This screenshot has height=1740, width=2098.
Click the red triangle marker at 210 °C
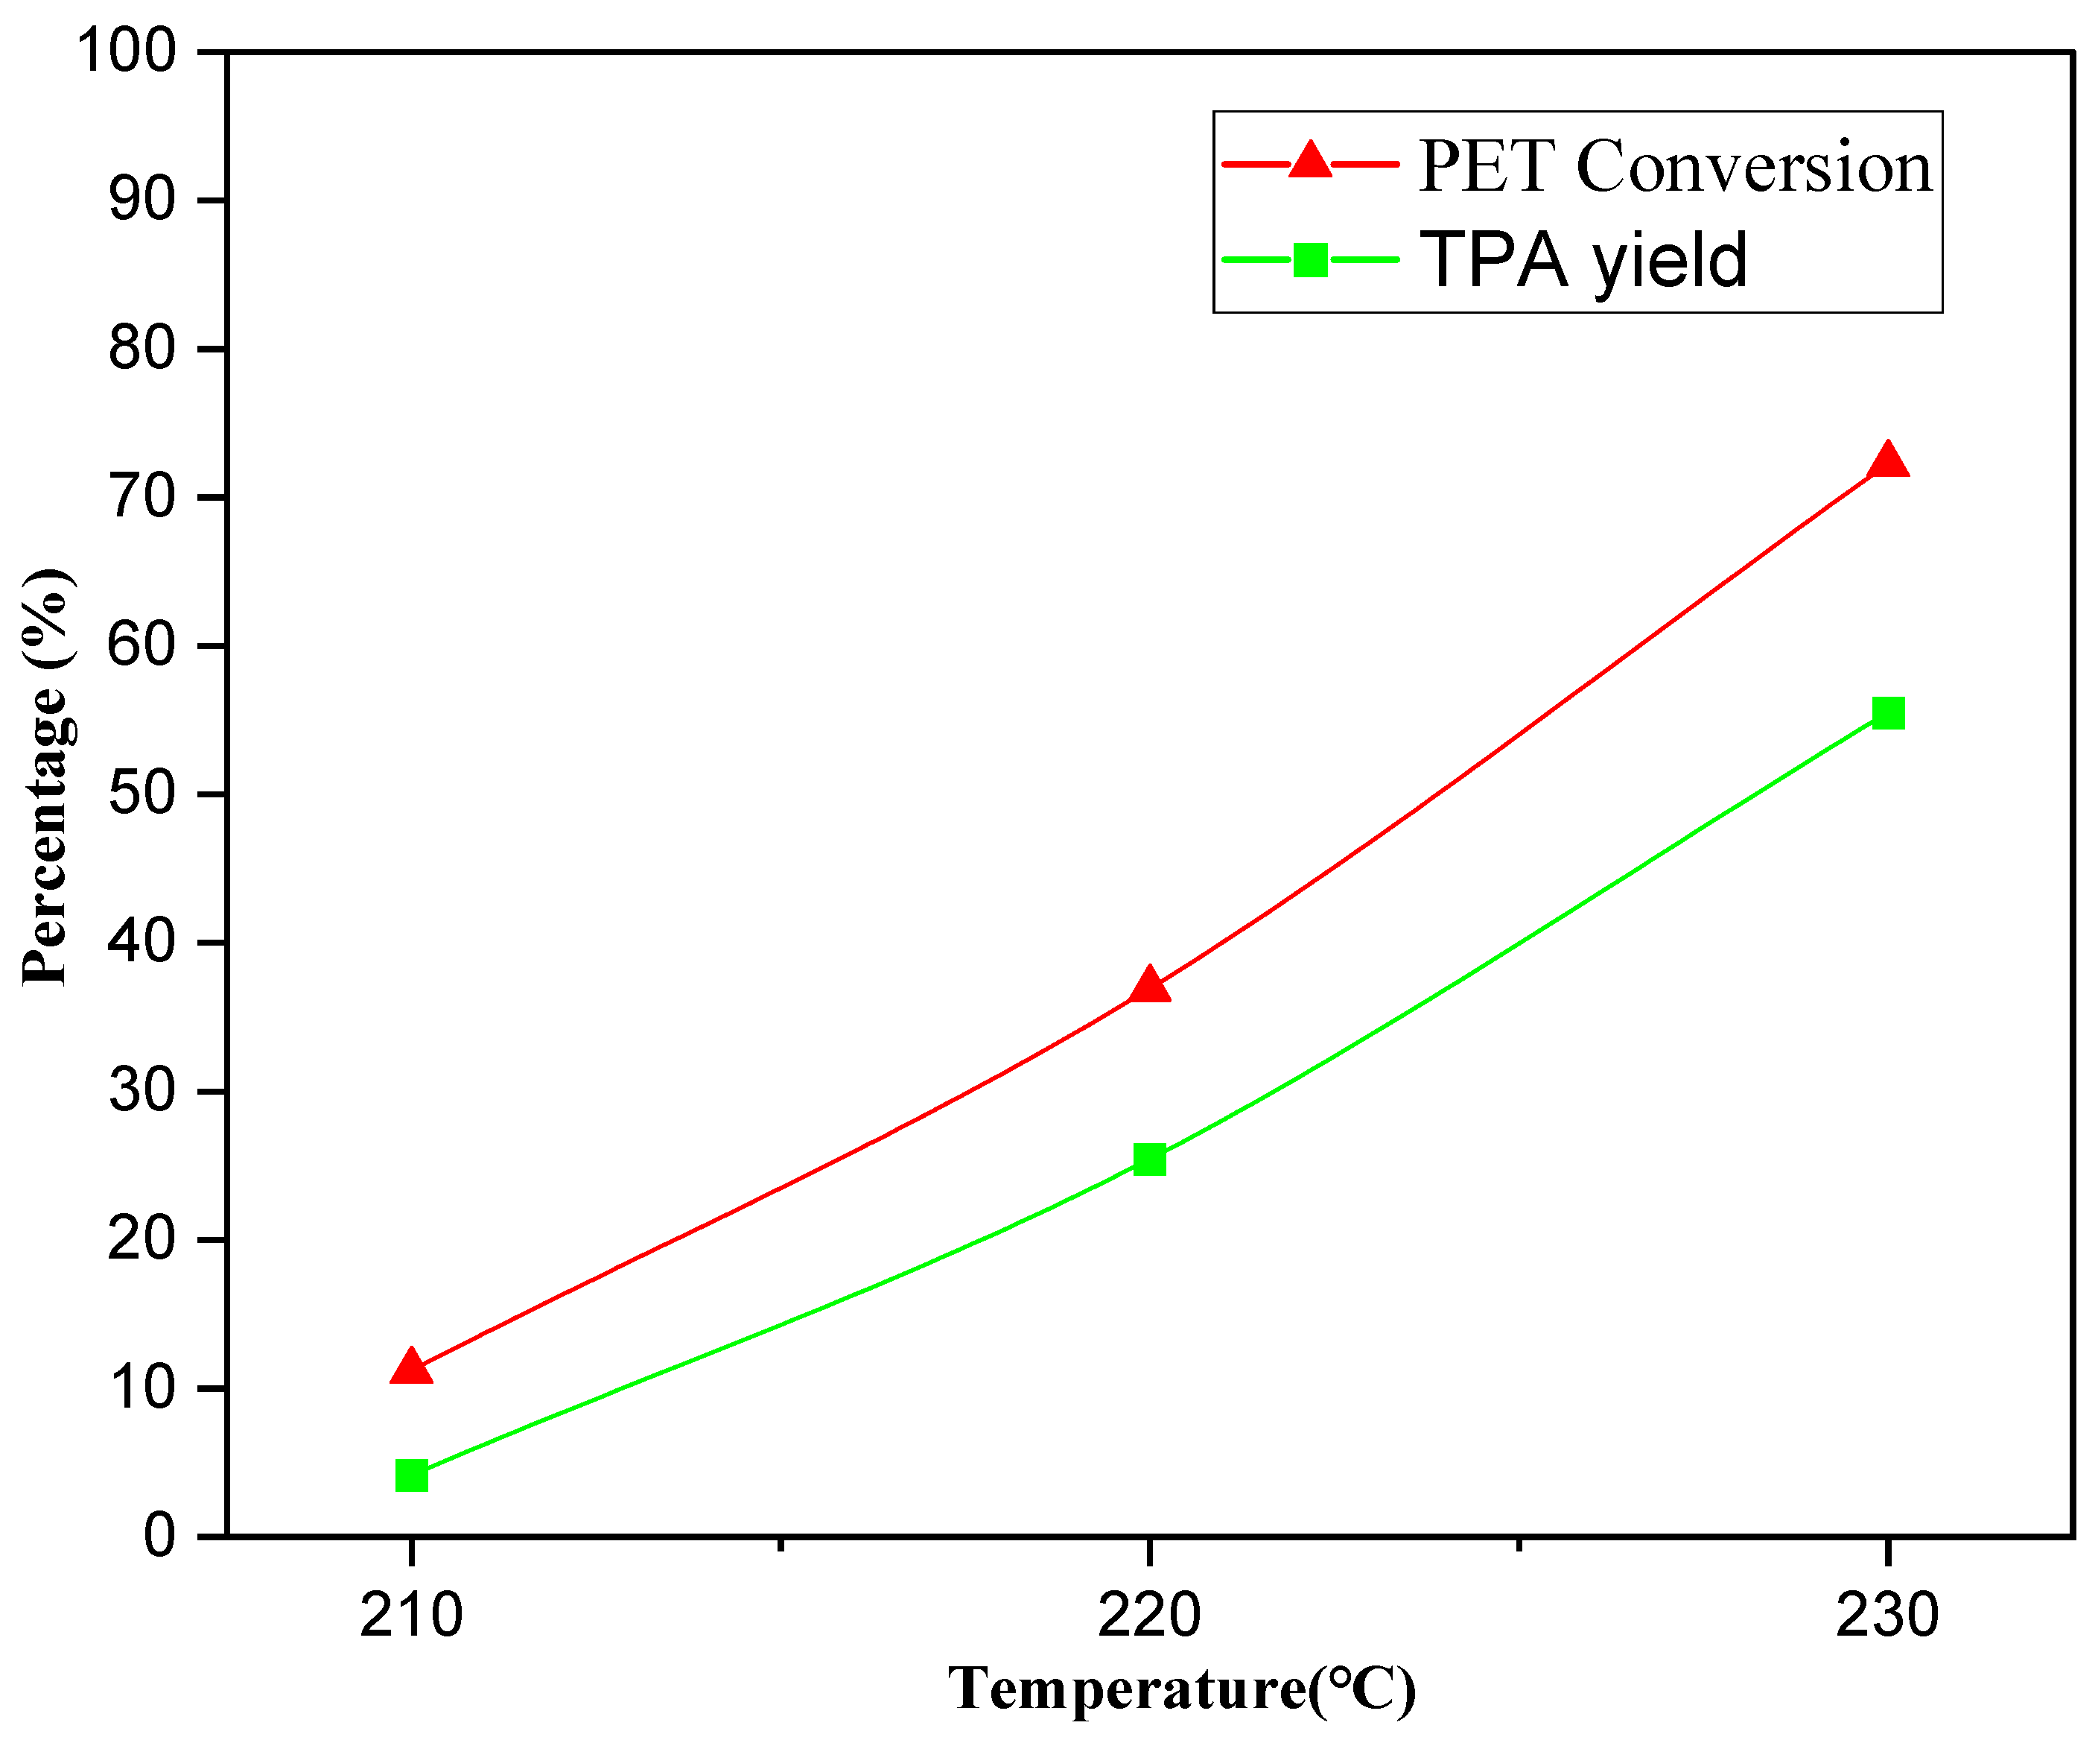pos(410,1366)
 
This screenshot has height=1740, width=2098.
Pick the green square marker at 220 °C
pos(1150,1160)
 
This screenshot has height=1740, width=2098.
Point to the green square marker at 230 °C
pos(1887,712)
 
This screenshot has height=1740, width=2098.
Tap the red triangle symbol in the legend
pos(1310,161)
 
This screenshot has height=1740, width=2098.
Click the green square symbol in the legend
pos(1310,260)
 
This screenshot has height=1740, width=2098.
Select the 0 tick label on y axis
pos(159,1535)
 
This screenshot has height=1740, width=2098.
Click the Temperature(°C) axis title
pos(1181,1690)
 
